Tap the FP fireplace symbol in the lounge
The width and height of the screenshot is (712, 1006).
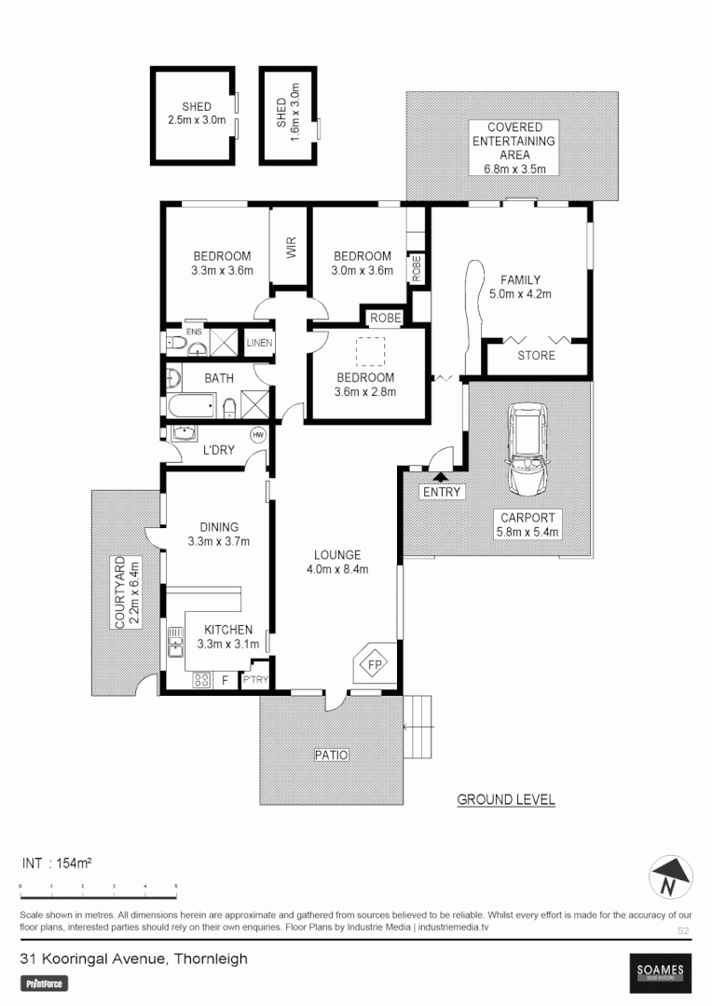pyautogui.click(x=375, y=665)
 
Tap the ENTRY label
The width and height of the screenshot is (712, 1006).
pyautogui.click(x=442, y=492)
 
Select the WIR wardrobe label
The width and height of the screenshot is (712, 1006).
pyautogui.click(x=290, y=248)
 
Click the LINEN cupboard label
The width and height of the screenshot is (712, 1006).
pyautogui.click(x=259, y=343)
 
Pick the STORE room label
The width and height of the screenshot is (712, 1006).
pyautogui.click(x=536, y=356)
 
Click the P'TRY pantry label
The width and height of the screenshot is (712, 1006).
pyautogui.click(x=254, y=681)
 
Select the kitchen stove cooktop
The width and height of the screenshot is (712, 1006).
pyautogui.click(x=200, y=681)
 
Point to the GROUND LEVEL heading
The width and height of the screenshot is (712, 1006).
pyautogui.click(x=506, y=799)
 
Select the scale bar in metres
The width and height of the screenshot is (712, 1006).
pyautogui.click(x=98, y=886)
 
